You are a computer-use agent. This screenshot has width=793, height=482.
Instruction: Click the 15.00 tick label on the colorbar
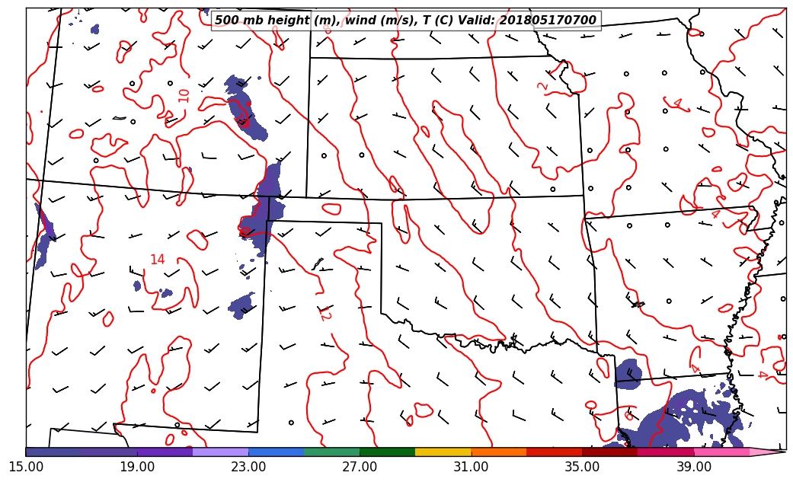click(x=26, y=466)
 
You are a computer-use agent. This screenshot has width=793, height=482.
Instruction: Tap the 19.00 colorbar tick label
click(x=137, y=466)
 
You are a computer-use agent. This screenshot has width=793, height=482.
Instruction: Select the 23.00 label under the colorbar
click(x=248, y=466)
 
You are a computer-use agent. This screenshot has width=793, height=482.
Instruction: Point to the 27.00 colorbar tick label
click(x=360, y=466)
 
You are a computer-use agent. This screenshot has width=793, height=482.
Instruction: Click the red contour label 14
click(x=157, y=260)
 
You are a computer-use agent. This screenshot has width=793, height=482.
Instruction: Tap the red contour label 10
click(x=184, y=95)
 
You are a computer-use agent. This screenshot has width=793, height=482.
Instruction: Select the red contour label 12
click(x=324, y=313)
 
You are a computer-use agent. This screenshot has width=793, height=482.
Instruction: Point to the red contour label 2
click(x=542, y=86)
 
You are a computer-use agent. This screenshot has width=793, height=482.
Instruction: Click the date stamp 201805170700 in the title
click(x=548, y=21)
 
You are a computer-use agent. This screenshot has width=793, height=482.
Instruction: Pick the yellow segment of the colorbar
click(x=443, y=452)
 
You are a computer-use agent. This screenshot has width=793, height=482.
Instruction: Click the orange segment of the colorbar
click(x=499, y=452)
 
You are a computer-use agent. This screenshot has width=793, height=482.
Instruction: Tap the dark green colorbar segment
click(x=388, y=452)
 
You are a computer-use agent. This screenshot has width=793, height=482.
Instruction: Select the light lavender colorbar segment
click(x=221, y=452)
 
